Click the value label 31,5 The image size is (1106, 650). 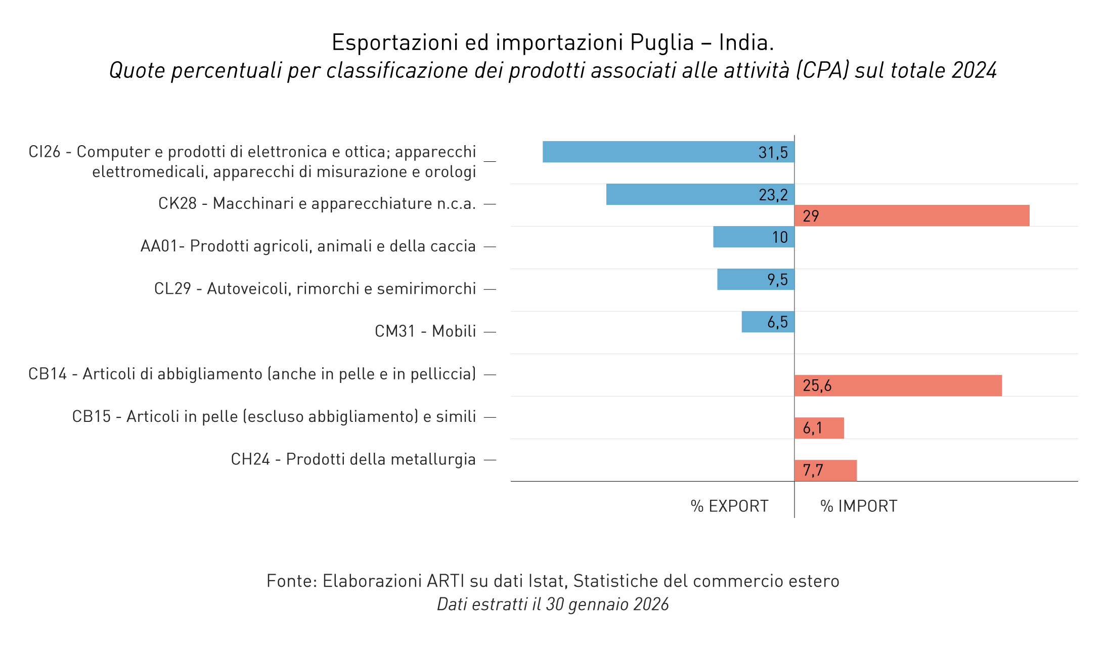pos(773,152)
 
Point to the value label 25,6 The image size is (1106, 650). pos(817,386)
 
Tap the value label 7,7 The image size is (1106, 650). pos(813,471)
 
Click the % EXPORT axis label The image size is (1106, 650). pos(729,506)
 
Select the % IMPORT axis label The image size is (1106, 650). pos(859,506)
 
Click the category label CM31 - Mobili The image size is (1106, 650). pos(425,331)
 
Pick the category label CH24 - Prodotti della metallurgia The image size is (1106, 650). pos(353,459)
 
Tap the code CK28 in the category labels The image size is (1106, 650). pos(177,203)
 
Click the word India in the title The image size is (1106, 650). pos(746,42)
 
